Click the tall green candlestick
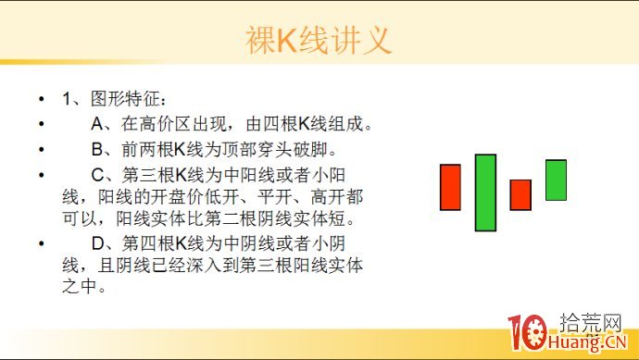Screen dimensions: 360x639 pyautogui.click(x=485, y=192)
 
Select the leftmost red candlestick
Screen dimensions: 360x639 pyautogui.click(x=450, y=187)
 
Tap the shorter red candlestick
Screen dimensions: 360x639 pyautogui.click(x=520, y=194)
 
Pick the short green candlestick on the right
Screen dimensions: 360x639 pyautogui.click(x=556, y=180)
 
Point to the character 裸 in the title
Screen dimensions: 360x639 pyautogui.click(x=260, y=40)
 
